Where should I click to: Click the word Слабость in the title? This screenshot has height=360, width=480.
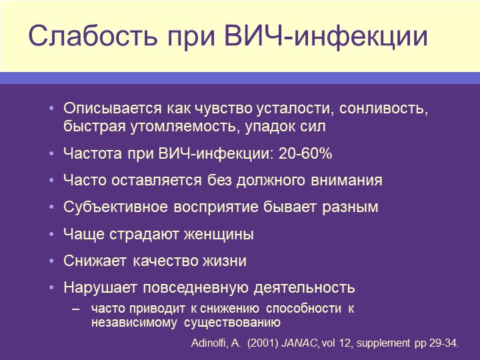click(93, 36)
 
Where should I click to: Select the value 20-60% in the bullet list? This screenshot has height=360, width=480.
click(305, 153)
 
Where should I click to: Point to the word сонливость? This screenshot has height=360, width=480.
click(383, 109)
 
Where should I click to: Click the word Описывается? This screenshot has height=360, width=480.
click(113, 109)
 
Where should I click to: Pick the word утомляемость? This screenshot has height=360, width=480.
click(185, 127)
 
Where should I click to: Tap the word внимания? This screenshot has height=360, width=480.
click(347, 180)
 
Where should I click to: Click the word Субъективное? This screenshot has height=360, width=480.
click(115, 207)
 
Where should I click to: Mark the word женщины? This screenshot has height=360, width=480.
click(219, 234)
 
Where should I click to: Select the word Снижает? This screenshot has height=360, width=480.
click(95, 261)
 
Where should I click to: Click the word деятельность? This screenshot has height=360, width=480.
click(305, 288)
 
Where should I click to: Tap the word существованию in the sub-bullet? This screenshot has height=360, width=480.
click(233, 323)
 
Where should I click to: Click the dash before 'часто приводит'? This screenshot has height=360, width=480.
click(76, 309)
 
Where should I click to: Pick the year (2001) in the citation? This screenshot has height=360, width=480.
click(263, 343)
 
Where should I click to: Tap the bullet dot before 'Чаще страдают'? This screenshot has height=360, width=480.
click(51, 234)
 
